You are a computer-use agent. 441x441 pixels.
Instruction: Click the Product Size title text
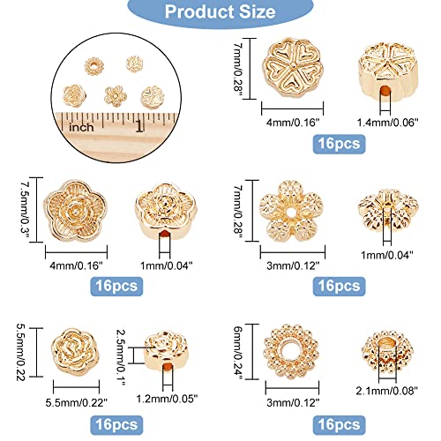pyautogui.click(x=220, y=11)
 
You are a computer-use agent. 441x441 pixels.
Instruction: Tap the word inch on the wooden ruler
pyautogui.click(x=81, y=127)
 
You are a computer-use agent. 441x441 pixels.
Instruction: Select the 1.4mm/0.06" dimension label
pyautogui.click(x=387, y=123)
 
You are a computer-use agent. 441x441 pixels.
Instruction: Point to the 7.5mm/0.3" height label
pyautogui.click(x=25, y=211)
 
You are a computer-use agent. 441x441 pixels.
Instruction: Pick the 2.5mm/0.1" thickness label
pyautogui.click(x=121, y=357)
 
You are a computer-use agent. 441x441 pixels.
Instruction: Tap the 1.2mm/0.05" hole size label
pyautogui.click(x=167, y=399)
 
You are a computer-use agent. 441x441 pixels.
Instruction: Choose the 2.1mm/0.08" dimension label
pyautogui.click(x=386, y=391)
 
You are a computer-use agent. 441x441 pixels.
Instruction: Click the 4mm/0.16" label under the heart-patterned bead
pyautogui.click(x=293, y=123)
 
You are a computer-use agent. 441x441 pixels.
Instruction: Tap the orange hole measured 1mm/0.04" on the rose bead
pyautogui.click(x=165, y=235)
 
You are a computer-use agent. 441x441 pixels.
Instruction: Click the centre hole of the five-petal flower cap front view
pyautogui.click(x=292, y=211)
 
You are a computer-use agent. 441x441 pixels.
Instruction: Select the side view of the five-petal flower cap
pyautogui.click(x=388, y=211)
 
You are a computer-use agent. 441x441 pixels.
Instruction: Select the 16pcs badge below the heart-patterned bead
pyautogui.click(x=339, y=144)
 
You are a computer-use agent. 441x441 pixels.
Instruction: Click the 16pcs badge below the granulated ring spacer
pyautogui.click(x=339, y=425)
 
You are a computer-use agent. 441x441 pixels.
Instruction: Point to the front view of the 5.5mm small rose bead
pyautogui.click(x=76, y=351)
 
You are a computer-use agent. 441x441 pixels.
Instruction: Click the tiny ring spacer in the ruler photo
pyautogui.click(x=93, y=66)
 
